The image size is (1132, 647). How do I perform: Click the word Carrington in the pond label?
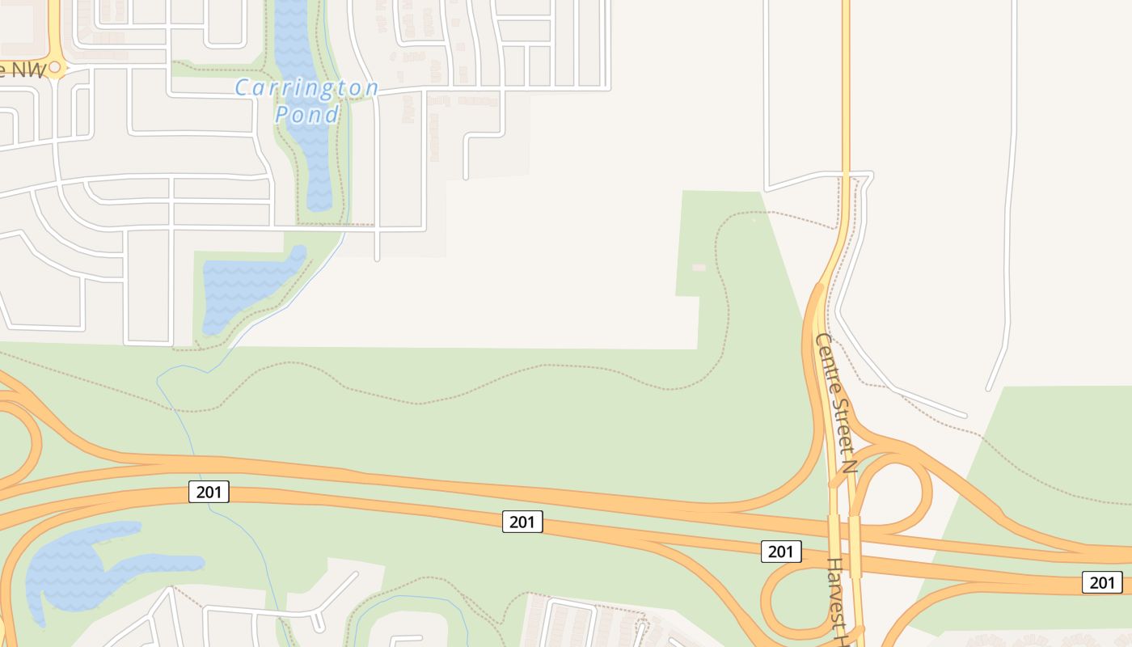click(x=306, y=87)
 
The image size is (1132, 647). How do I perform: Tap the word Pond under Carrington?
click(x=306, y=114)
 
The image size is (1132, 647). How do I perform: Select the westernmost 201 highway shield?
click(x=209, y=491)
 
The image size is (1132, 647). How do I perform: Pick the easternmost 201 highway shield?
click(x=1102, y=581)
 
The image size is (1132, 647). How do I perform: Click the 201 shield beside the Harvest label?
click(x=781, y=552)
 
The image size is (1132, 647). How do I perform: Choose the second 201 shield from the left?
click(x=522, y=522)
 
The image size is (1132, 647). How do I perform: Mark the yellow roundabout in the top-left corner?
click(x=55, y=68)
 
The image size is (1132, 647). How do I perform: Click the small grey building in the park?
click(x=699, y=267)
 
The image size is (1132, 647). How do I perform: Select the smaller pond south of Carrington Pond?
click(x=243, y=288)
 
